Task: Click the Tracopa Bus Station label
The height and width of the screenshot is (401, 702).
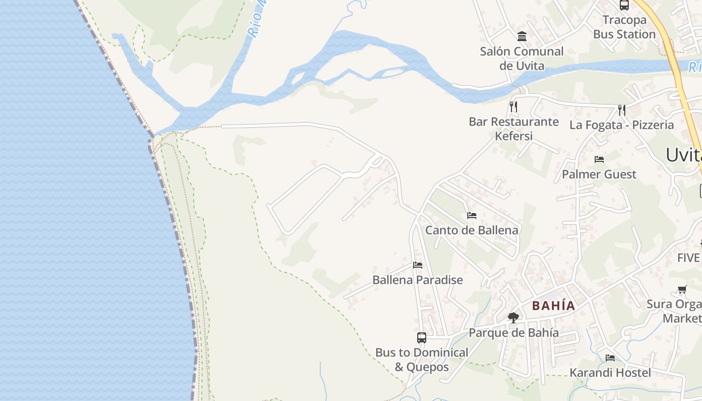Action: click(x=624, y=27)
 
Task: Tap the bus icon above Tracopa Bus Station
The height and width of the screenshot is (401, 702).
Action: click(x=624, y=6)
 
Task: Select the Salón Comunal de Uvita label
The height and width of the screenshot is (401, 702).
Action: click(x=521, y=58)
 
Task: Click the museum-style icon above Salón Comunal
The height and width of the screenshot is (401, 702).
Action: click(x=522, y=36)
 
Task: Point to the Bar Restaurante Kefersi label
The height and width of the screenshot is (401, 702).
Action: click(x=513, y=129)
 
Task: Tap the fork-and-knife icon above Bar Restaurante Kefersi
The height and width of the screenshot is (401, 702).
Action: click(x=513, y=106)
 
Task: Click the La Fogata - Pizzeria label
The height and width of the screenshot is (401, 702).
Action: click(x=621, y=125)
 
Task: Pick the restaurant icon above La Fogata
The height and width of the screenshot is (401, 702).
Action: click(x=622, y=110)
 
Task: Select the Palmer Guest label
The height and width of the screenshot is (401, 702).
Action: click(x=599, y=174)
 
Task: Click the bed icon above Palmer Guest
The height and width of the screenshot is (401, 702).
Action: click(x=599, y=159)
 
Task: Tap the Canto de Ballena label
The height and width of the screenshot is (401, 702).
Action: click(x=471, y=230)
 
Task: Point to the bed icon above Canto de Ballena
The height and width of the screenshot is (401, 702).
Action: click(x=471, y=216)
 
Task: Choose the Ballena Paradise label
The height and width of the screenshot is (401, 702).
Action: click(x=417, y=280)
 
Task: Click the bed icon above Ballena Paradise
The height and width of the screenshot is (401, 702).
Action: click(x=418, y=265)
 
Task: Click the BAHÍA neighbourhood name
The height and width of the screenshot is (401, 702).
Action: click(x=554, y=305)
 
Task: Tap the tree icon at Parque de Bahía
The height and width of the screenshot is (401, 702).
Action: click(x=513, y=317)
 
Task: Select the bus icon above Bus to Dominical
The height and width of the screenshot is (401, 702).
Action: click(x=422, y=337)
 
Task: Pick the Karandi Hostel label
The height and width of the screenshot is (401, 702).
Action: click(x=610, y=372)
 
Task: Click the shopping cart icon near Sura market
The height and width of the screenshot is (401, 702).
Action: click(x=682, y=289)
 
